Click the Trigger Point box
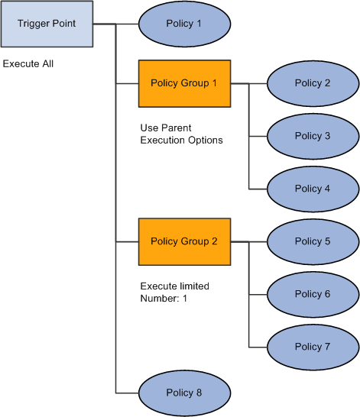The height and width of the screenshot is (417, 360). coord(47,24)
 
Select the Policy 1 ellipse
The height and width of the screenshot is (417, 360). coord(184,24)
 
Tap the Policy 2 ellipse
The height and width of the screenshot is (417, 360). coord(313,82)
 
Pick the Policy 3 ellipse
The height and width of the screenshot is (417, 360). coord(313,136)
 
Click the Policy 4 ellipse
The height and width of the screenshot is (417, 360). coord(313,189)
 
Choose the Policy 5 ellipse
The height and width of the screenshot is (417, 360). coord(313,241)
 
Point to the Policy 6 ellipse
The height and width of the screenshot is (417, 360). coord(313,294)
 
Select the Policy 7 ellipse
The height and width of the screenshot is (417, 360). coord(313,347)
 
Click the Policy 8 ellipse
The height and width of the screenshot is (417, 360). coord(184,393)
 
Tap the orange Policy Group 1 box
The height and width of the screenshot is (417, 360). coord(184,82)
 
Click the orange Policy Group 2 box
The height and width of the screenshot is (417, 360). coord(184,241)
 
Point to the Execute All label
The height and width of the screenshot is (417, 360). coord(28,64)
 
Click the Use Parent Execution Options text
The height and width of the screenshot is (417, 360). coord(181,134)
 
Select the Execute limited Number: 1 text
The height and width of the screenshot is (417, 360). coord(175,293)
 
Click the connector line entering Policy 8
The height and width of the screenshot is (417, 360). coord(127,393)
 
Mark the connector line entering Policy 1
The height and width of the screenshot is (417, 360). coord(127,24)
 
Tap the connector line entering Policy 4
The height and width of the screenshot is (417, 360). coord(258,189)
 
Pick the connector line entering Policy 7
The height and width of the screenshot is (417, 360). coord(258,347)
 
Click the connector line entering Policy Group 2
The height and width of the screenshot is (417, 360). coord(127,241)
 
